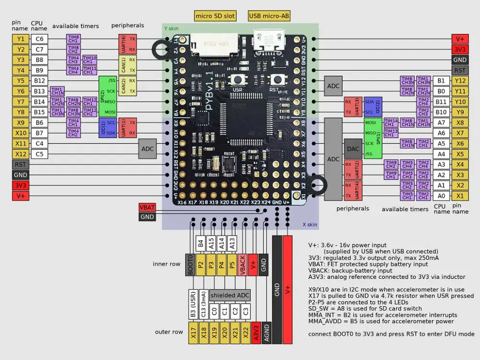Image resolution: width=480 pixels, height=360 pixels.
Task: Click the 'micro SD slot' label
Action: (x=215, y=16)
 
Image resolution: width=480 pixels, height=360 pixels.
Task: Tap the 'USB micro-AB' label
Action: (x=269, y=16)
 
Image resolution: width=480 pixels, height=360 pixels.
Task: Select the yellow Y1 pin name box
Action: (x=21, y=39)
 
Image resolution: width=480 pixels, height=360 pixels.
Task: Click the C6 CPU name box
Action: (x=39, y=39)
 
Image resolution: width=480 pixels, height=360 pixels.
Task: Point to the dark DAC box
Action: (x=353, y=149)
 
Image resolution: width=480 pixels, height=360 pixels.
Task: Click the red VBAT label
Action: (x=147, y=207)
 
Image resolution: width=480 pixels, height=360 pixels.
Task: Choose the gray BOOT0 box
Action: (x=191, y=264)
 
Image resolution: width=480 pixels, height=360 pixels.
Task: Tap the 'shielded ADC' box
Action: (x=229, y=295)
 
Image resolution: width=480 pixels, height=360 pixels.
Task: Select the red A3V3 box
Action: (x=256, y=333)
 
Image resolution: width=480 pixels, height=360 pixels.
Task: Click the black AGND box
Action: (x=266, y=333)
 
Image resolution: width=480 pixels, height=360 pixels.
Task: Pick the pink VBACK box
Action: (x=242, y=264)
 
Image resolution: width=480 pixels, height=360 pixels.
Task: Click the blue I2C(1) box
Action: (x=102, y=128)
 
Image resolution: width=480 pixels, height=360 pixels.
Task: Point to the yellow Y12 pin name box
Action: (x=460, y=81)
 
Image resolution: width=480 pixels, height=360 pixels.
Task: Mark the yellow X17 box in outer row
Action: (x=192, y=333)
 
